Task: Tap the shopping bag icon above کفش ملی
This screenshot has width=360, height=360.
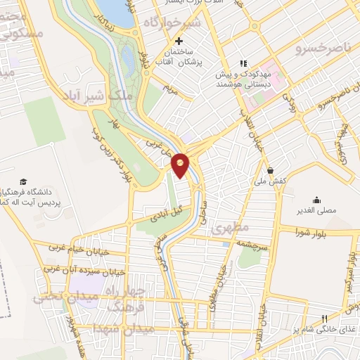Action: coord(270,169)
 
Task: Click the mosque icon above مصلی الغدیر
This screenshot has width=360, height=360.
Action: coord(317,199)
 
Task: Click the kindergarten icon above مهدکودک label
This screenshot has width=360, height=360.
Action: coord(244,63)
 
